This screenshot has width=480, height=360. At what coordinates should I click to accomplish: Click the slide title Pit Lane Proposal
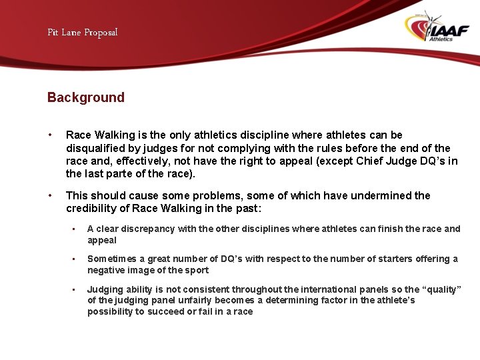point(82,32)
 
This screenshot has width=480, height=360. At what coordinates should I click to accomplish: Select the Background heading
point(85,97)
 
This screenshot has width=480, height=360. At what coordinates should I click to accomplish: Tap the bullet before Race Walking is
point(50,135)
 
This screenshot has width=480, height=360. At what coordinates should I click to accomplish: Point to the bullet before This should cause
point(50,196)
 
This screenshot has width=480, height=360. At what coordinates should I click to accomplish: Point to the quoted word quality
point(441,289)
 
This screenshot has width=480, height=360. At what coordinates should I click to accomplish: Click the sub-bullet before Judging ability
point(75,289)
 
